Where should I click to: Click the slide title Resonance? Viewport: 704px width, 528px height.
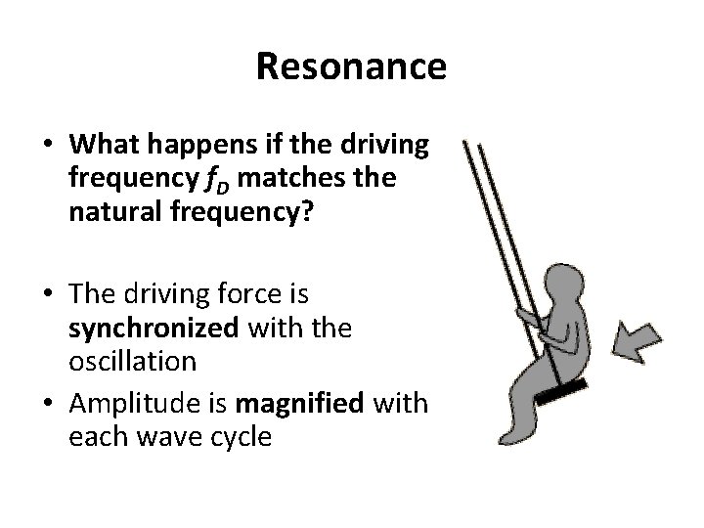351,67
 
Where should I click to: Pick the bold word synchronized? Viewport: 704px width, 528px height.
154,329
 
